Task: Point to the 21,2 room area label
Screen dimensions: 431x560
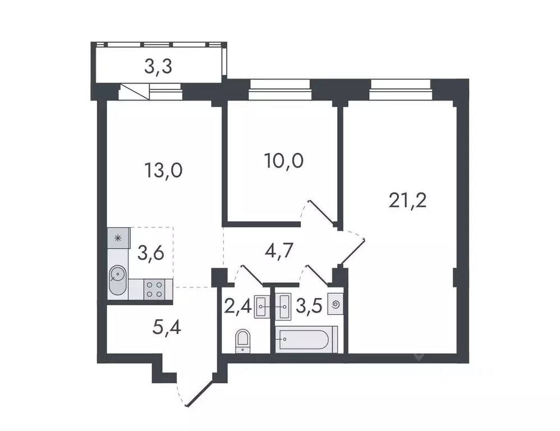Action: tap(407, 199)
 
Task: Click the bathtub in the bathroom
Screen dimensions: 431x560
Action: tap(306, 339)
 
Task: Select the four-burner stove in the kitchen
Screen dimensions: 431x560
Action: tap(154, 288)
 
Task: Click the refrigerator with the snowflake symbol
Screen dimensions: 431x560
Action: tap(118, 238)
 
